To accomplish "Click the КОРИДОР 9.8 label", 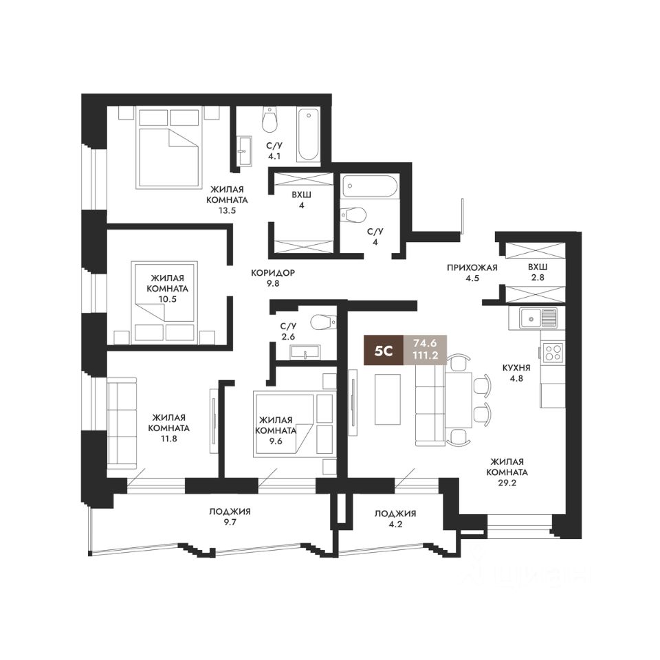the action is pos(273,278).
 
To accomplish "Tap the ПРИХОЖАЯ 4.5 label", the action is pos(472,273).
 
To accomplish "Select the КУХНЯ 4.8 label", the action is pos(516,373).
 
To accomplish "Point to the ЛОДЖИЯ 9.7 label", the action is pos(230,517).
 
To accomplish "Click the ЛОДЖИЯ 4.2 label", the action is pos(395,519).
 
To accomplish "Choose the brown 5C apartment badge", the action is pos(384,350).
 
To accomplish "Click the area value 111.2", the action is pos(425,356).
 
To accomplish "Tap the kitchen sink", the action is pos(538,318).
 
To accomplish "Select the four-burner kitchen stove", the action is pos(553,353).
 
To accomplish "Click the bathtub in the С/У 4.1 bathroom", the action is pos(309,135).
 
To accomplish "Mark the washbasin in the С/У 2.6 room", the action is pos(305,352).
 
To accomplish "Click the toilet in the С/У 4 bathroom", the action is pos(353,214).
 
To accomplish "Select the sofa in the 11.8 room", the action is pos(122,423).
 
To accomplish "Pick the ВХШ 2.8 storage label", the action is pos(537,272).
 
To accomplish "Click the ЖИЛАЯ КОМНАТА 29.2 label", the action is pos(507,472).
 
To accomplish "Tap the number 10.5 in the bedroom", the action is pos(168,299).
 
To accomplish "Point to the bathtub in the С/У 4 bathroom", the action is pos(369,186).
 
